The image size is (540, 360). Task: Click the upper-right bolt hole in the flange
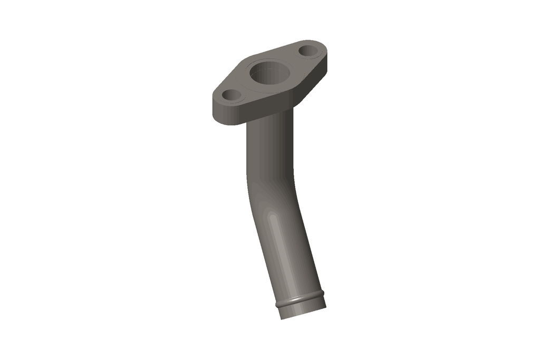308,51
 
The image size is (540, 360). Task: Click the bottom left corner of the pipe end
281,318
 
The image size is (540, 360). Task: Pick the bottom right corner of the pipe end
325,307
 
